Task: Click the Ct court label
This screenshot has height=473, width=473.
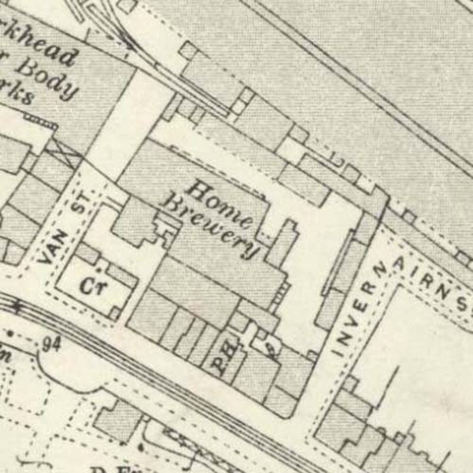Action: click(x=91, y=286)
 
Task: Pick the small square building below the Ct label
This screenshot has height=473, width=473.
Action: click(x=115, y=313)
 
